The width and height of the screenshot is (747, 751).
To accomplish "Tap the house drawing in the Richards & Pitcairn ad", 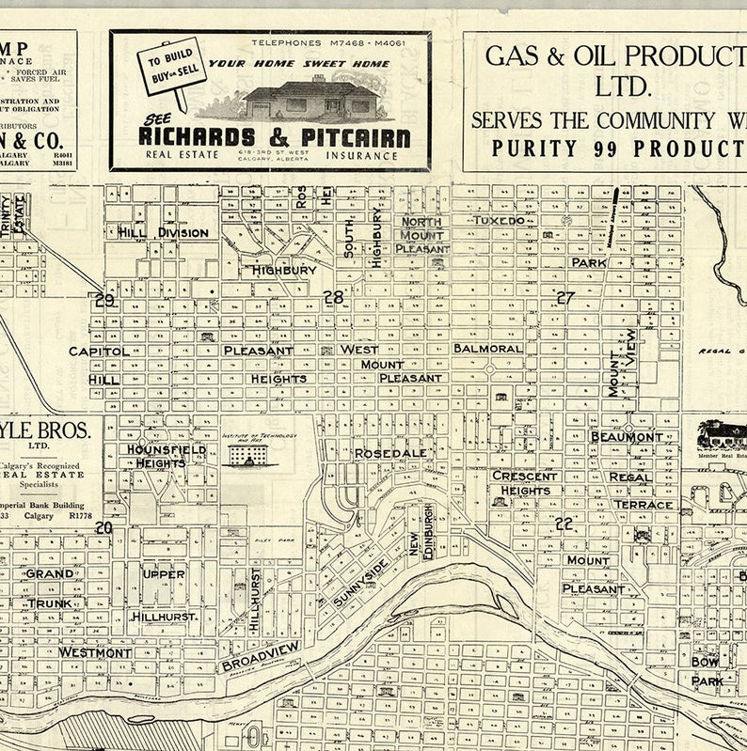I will click(x=311, y=98).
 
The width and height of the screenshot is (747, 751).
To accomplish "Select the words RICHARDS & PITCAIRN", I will click(x=274, y=137).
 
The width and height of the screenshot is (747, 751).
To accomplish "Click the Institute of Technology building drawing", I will click(x=247, y=454).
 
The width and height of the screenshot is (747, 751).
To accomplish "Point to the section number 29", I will click(x=104, y=300).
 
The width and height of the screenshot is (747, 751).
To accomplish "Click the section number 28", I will click(x=333, y=297).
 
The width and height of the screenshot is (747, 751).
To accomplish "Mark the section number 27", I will click(x=564, y=297).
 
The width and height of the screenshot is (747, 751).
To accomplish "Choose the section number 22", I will click(x=564, y=524).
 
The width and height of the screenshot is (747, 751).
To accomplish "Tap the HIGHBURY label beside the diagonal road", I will click(x=283, y=270).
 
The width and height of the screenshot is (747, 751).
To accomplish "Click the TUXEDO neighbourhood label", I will click(x=499, y=219).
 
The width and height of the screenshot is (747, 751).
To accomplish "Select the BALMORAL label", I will click(x=487, y=348).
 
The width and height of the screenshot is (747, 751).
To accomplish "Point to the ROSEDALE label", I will click(x=390, y=453).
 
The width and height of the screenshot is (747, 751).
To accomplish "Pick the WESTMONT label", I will click(x=95, y=651).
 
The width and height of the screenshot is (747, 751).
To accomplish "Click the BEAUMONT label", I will click(x=626, y=437).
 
